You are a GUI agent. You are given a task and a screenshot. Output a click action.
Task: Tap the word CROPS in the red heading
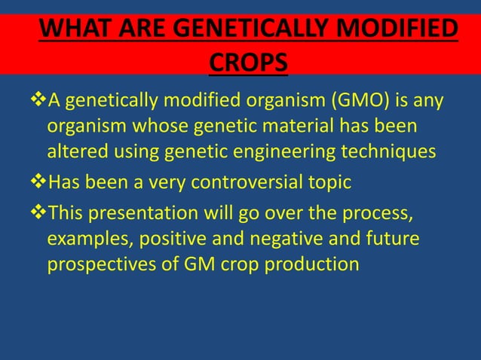tap(247, 63)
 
